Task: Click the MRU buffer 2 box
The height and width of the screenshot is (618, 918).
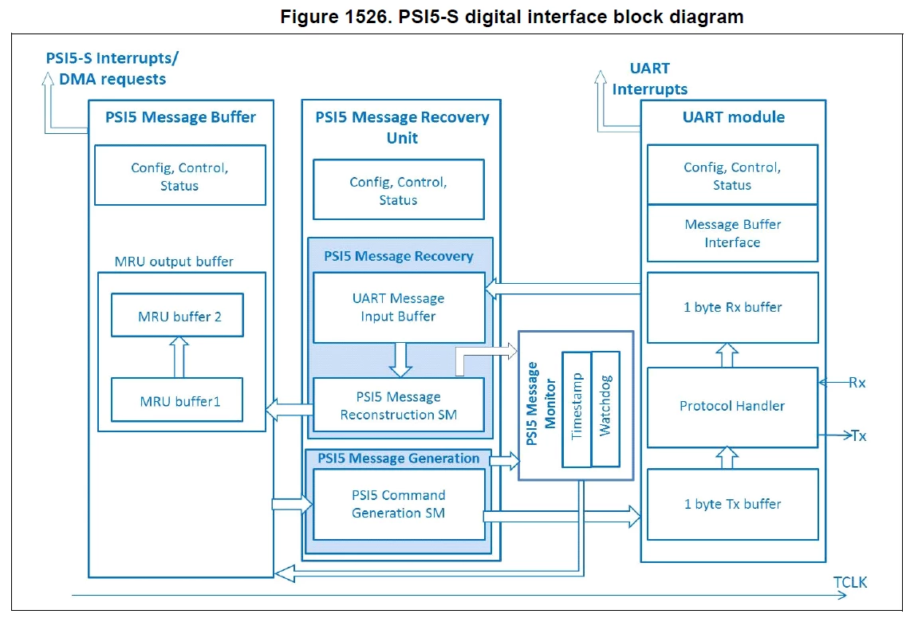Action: tap(177, 315)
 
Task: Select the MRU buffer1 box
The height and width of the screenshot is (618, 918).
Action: tap(177, 400)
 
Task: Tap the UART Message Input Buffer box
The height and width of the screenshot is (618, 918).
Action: tap(399, 308)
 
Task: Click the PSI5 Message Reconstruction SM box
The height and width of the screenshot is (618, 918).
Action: tap(399, 405)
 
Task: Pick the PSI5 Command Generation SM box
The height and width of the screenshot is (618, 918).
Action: tap(399, 505)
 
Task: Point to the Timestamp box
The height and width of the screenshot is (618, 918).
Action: tap(577, 409)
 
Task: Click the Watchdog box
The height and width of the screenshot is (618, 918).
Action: tap(605, 409)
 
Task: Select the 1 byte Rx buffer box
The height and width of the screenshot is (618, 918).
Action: tap(732, 307)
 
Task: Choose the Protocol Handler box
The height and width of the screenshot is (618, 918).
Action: tap(732, 407)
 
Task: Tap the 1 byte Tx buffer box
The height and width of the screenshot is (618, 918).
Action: tap(732, 505)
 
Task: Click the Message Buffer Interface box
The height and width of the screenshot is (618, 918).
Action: tap(732, 233)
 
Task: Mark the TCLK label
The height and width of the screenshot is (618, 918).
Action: tap(850, 582)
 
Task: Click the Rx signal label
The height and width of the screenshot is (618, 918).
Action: tap(857, 383)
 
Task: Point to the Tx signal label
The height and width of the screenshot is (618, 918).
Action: tap(859, 435)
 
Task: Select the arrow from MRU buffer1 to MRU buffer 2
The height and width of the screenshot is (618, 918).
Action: tap(179, 357)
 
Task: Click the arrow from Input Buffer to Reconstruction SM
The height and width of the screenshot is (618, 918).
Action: tap(400, 360)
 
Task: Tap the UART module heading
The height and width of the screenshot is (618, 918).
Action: tap(734, 117)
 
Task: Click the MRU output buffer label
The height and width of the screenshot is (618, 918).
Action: tap(174, 262)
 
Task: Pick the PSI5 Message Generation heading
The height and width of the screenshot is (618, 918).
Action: tap(399, 459)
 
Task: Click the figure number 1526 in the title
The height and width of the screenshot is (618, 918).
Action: tap(367, 17)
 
